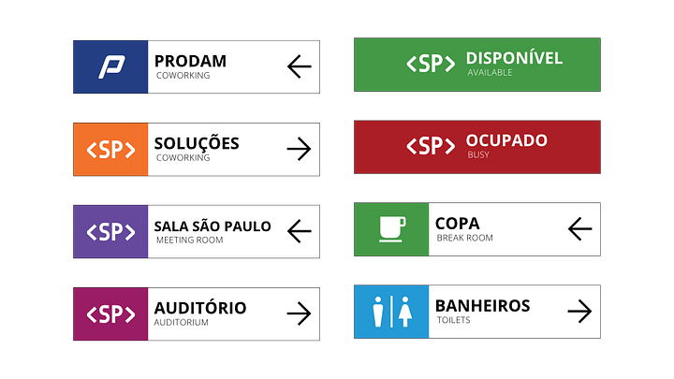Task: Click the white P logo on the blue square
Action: (x=111, y=66)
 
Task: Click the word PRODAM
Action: (x=190, y=62)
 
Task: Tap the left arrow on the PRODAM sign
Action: (x=299, y=66)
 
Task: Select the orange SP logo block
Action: (x=110, y=149)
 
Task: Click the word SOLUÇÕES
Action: (x=197, y=143)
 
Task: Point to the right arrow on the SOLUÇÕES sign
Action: (x=299, y=149)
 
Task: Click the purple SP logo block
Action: (x=110, y=231)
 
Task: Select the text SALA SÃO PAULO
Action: (x=212, y=226)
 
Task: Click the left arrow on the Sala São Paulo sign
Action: (x=299, y=230)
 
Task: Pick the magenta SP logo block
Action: (x=110, y=313)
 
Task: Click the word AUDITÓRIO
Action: (x=199, y=308)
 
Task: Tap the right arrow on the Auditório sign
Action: (x=299, y=313)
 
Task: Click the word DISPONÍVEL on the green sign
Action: (x=514, y=58)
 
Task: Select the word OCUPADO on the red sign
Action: (x=506, y=140)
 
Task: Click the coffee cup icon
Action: (x=391, y=228)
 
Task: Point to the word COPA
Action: (x=457, y=224)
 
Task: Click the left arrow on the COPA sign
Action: (x=580, y=228)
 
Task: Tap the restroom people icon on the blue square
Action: (x=391, y=311)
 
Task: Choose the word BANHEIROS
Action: (x=482, y=305)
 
